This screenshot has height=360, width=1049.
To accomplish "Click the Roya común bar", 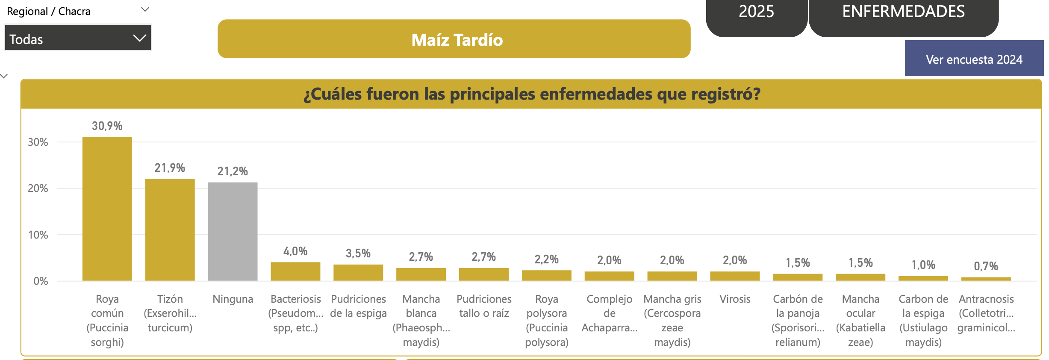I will [x=107, y=210].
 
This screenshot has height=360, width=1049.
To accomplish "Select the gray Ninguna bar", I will [x=233, y=232].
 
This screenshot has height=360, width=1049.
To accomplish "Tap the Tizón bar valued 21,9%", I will [x=170, y=230].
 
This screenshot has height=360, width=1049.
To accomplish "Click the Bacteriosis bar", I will [x=295, y=271].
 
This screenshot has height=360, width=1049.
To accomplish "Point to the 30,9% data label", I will [x=107, y=126].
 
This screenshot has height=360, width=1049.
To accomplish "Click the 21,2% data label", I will [x=233, y=171].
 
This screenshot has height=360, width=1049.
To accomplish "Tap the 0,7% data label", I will [x=986, y=266].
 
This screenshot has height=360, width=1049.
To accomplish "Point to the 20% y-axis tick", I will [x=38, y=189].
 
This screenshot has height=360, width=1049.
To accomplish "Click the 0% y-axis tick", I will [x=41, y=281].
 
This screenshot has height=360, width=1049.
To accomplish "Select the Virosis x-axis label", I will [x=735, y=299].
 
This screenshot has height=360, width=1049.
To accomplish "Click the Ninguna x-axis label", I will [x=233, y=299].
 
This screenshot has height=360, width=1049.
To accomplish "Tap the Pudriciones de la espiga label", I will [x=358, y=306].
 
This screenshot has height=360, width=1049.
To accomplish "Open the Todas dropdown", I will [x=78, y=38].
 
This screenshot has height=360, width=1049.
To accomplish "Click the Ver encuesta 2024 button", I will [x=974, y=59].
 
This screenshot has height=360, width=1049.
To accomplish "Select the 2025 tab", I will [x=756, y=13].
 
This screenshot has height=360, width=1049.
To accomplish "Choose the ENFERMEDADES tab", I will [x=903, y=13].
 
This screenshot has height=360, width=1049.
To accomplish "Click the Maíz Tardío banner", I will [x=454, y=39].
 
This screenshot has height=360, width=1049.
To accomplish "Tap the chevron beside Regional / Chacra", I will [x=145, y=9].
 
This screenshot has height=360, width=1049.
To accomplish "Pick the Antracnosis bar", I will [x=986, y=279].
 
